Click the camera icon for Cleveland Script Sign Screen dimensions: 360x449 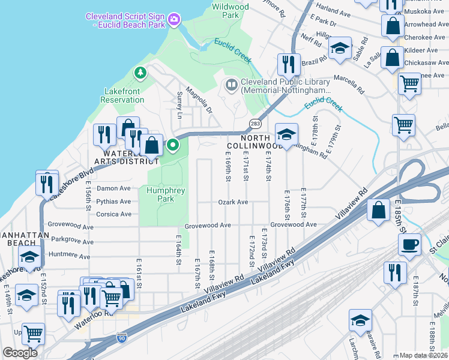174,20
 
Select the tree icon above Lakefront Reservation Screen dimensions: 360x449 140,73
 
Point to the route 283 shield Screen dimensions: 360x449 255,123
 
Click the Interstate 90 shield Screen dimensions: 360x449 122,338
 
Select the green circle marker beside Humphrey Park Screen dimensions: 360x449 173,145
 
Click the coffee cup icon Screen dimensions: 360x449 410,244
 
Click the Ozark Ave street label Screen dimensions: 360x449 233,202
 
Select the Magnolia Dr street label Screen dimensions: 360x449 199,99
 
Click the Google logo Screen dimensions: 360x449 20,353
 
